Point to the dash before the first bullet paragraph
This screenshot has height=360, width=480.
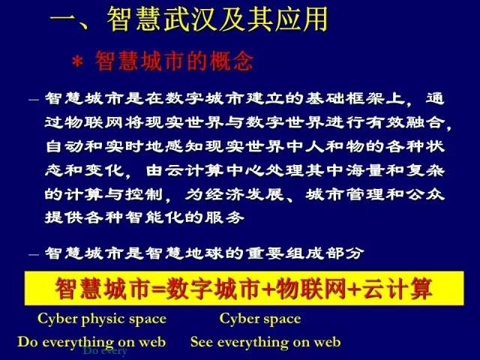tap(32, 100)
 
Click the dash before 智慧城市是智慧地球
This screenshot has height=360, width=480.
tap(32, 253)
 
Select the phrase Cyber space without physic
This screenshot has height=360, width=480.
tap(259, 319)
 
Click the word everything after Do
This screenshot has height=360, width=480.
tap(77, 342)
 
